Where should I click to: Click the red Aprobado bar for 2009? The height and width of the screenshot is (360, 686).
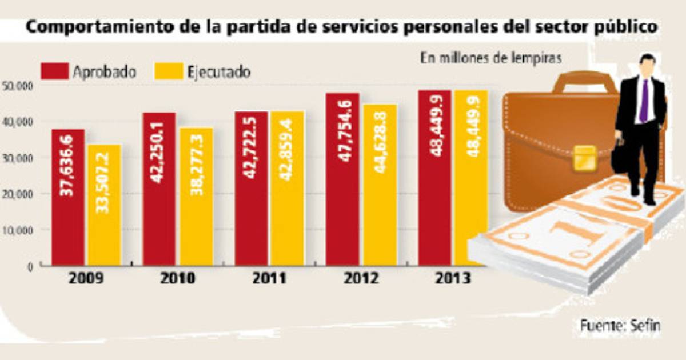(x=68, y=197)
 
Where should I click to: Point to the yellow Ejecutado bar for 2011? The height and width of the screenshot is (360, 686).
(x=288, y=188)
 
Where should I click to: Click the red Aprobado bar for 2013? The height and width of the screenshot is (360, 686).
(x=434, y=178)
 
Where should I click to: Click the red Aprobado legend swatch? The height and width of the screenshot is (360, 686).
(x=54, y=72)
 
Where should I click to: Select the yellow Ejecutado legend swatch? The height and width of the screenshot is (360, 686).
(x=167, y=72)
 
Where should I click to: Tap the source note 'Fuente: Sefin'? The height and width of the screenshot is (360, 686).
(x=620, y=326)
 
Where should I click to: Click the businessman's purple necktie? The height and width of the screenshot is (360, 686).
(x=644, y=101)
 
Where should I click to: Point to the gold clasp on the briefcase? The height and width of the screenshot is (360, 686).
(x=584, y=157)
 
